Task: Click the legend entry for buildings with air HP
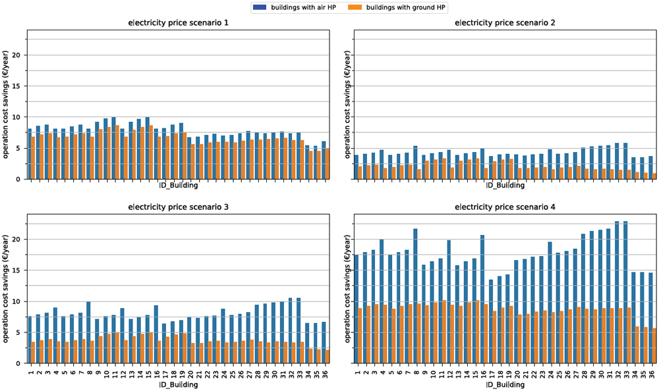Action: click(x=294, y=7)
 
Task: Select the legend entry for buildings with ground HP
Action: click(x=397, y=7)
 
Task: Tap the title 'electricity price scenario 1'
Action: click(x=178, y=22)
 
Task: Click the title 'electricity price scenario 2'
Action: click(x=505, y=22)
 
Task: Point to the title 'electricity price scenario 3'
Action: click(x=178, y=207)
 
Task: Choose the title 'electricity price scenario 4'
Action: click(x=505, y=207)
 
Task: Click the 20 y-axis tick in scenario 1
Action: click(x=18, y=55)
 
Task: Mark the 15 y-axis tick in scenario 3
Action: click(x=18, y=271)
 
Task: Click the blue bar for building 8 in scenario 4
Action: click(x=415, y=296)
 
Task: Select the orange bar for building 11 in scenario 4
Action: click(x=445, y=332)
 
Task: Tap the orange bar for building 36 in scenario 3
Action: click(x=328, y=357)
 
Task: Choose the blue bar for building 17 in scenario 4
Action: click(x=491, y=321)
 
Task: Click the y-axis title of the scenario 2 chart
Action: click(x=347, y=105)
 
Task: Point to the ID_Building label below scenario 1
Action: click(x=178, y=185)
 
